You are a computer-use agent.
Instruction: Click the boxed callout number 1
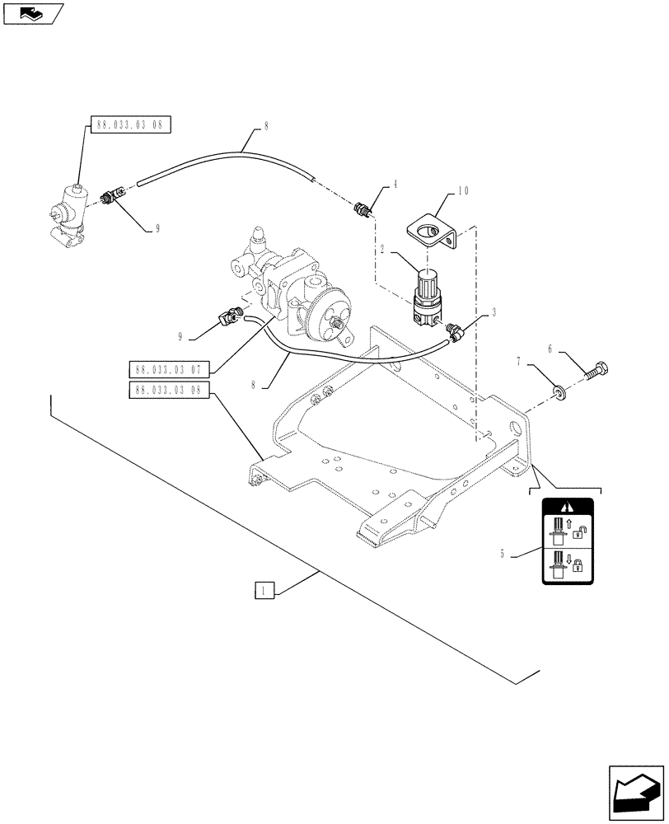pos(263,589)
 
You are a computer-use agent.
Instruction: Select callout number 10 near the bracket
pos(464,191)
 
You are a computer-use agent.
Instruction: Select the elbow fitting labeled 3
pos(454,332)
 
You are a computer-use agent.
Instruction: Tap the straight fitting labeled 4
pos(363,210)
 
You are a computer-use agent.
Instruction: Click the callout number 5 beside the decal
pos(503,555)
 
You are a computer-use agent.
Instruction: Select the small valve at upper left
pos(70,218)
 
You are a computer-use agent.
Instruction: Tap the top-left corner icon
pos(33,12)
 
